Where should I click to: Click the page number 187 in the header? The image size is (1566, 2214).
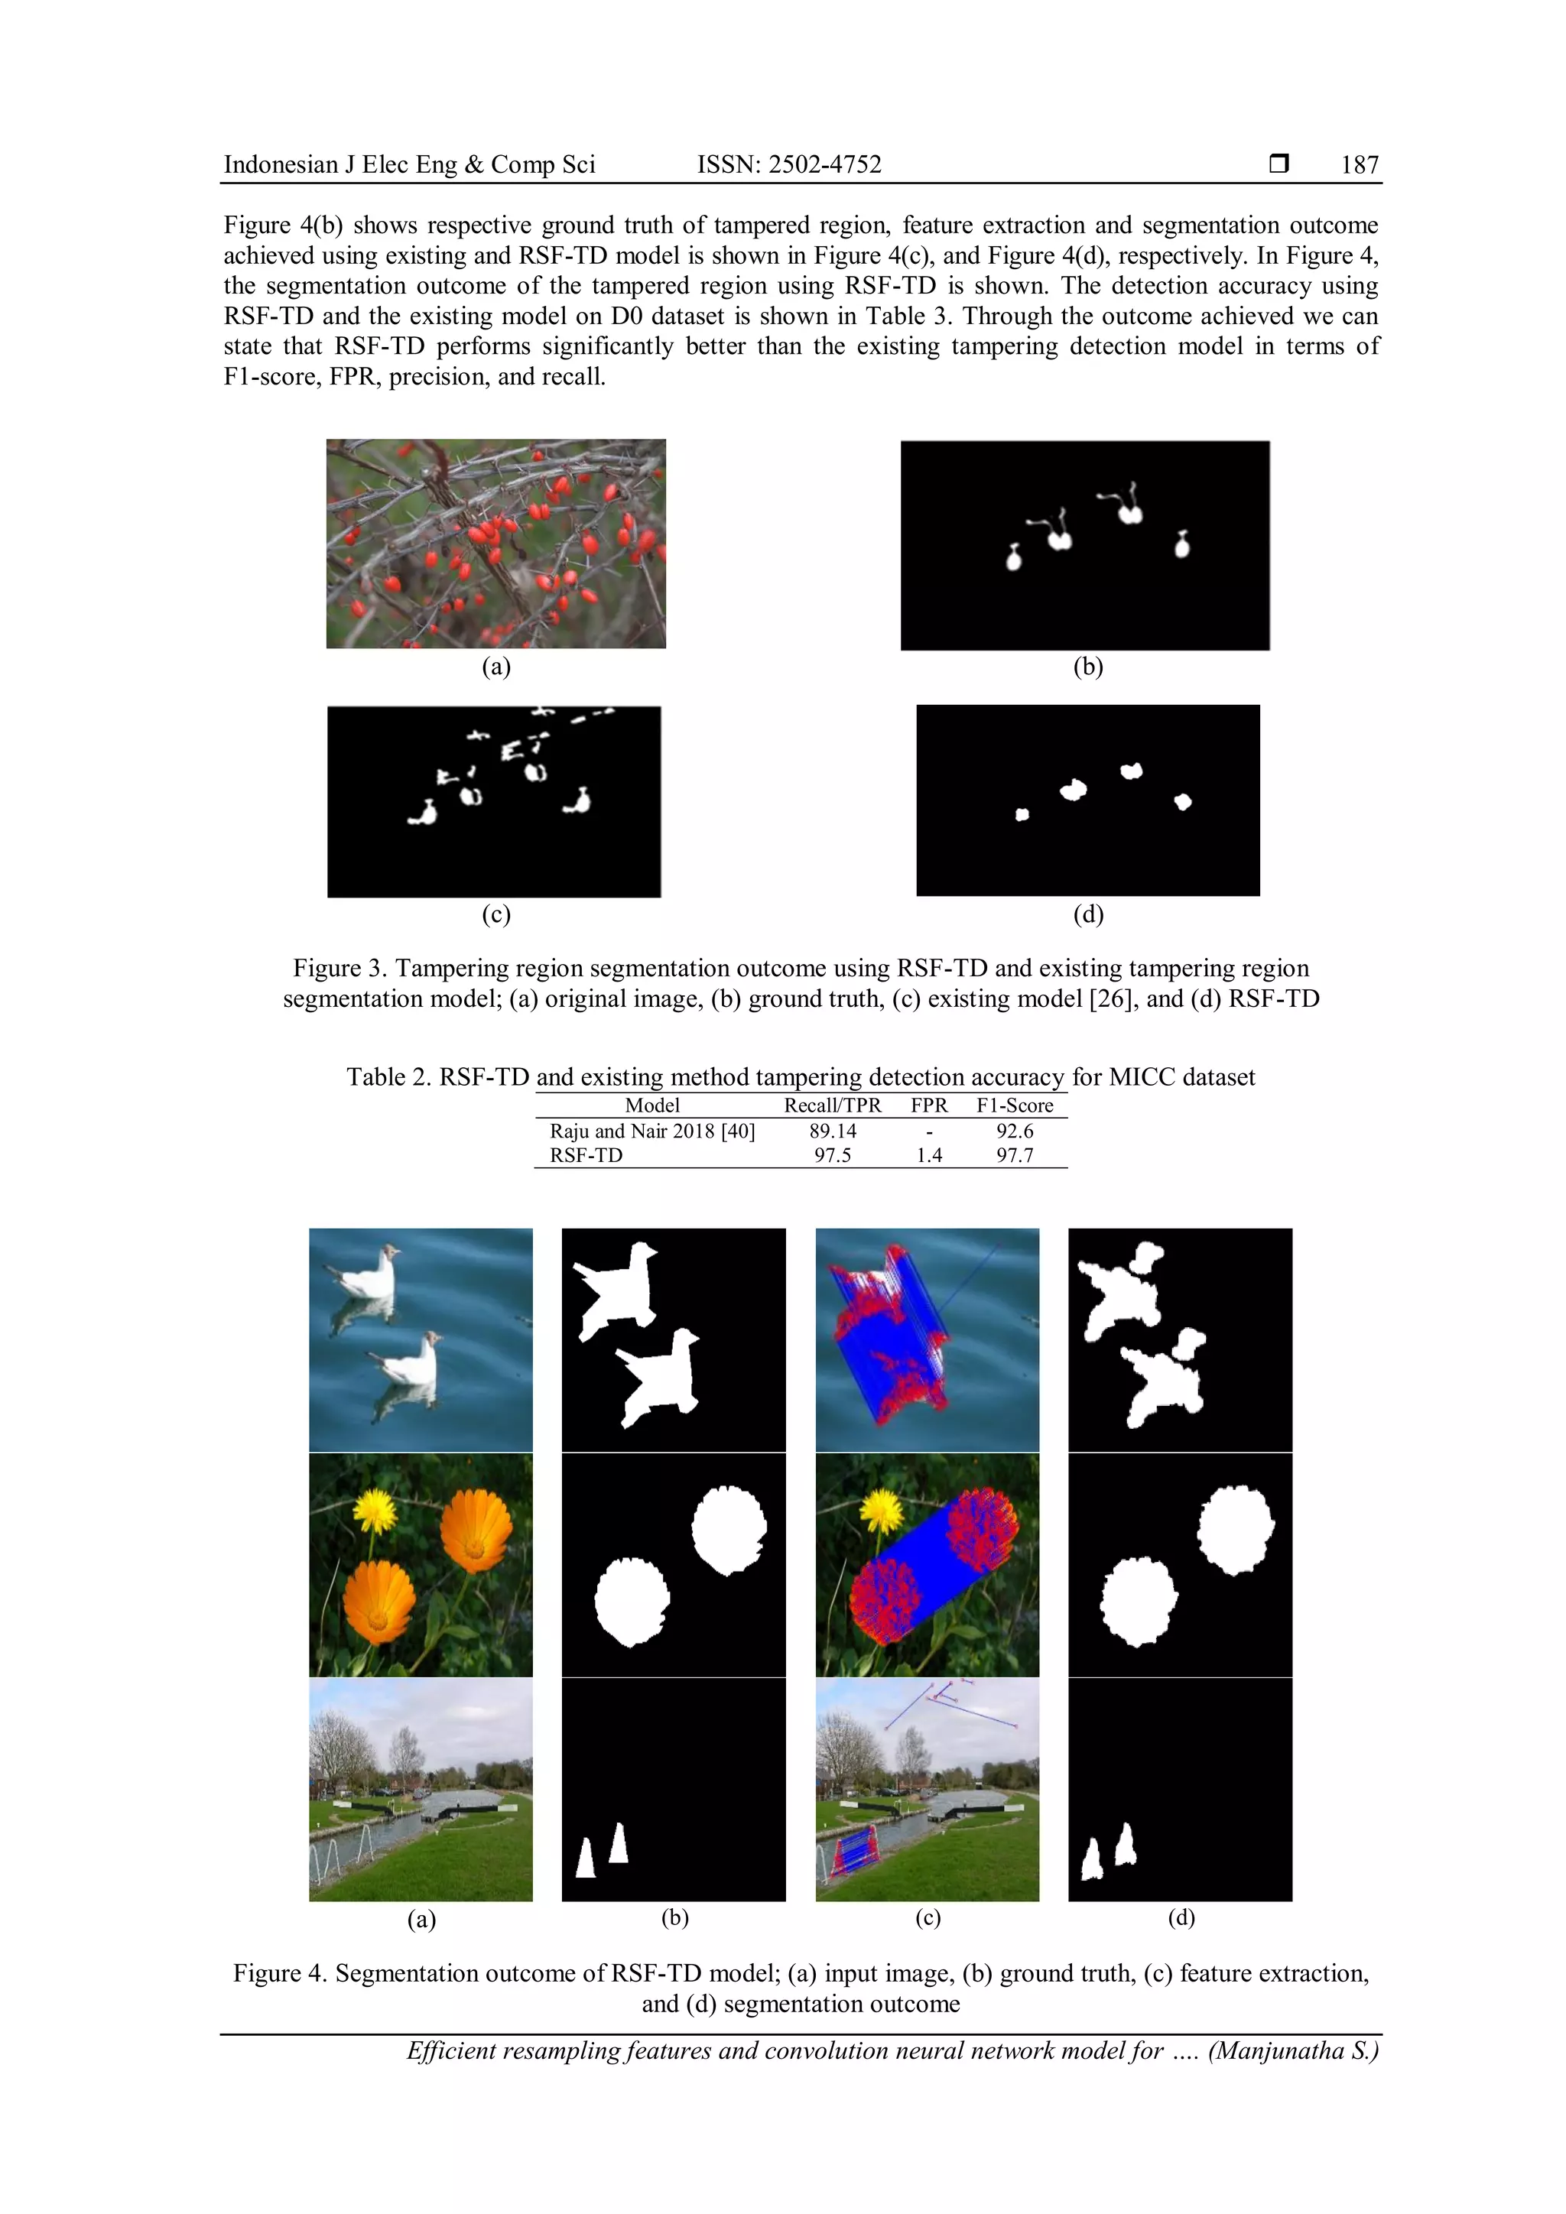1359,165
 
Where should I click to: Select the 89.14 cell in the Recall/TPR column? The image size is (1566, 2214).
832,1131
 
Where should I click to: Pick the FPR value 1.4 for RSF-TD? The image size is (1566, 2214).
928,1155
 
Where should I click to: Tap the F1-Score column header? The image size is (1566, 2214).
1015,1106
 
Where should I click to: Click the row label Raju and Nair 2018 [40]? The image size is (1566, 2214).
651,1131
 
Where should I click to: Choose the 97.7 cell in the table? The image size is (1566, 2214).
1015,1155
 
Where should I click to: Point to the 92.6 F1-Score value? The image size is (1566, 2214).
1015,1131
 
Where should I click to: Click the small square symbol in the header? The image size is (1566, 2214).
1278,164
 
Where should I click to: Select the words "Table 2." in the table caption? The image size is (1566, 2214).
388,1077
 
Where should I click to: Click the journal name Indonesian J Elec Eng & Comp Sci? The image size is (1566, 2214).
409,165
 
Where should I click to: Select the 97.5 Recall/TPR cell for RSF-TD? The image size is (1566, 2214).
832,1155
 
